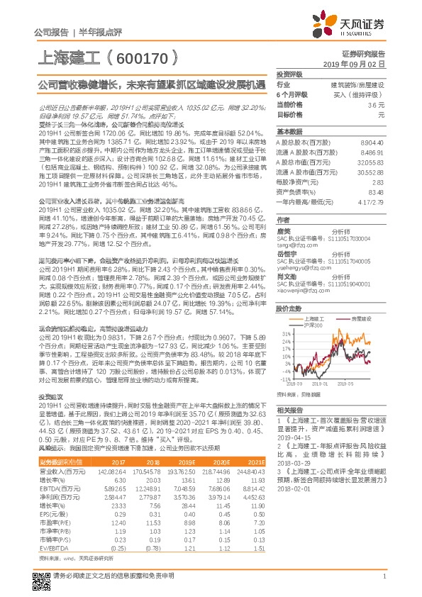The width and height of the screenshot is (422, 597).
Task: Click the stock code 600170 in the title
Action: point(150,55)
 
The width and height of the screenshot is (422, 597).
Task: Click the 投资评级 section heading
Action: point(290,74)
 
